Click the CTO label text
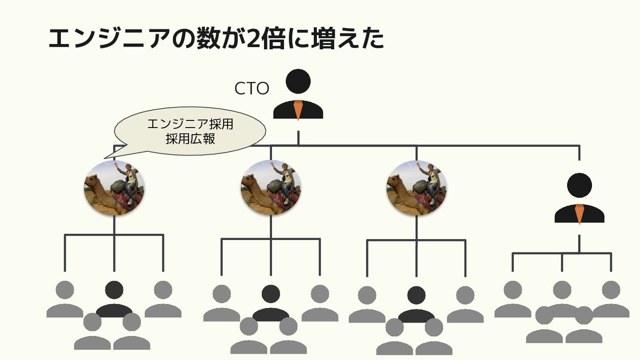tap(252, 88)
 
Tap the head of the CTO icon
tap(298, 81)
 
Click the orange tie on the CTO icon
tap(298, 110)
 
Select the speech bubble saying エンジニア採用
tap(190, 132)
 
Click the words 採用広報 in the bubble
tap(190, 139)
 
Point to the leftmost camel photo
tap(114, 188)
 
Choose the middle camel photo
tap(271, 188)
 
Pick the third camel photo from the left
tap(416, 188)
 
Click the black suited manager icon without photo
tap(579, 198)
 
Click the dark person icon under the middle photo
tap(271, 302)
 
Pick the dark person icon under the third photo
tap(416, 304)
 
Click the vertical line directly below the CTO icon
tap(298, 138)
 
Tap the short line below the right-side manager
tap(579, 244)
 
